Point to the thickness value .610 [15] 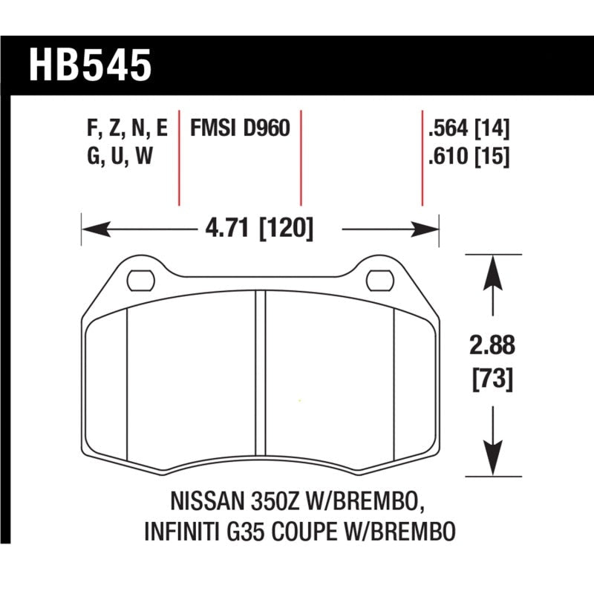pyautogui.click(x=468, y=157)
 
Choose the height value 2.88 pyautogui.click(x=491, y=346)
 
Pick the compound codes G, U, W pyautogui.click(x=119, y=157)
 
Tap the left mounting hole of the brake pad pyautogui.click(x=139, y=281)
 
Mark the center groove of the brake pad pyautogui.click(x=260, y=379)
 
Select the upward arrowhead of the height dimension pyautogui.click(x=491, y=269)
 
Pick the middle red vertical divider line pyautogui.click(x=301, y=160)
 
